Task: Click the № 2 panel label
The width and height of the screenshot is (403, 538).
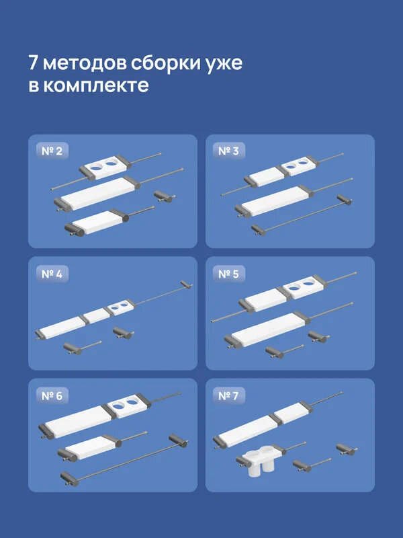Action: (x=51, y=152)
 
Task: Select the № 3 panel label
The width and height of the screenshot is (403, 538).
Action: (x=228, y=152)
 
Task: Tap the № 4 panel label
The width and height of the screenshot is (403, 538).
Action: (x=51, y=274)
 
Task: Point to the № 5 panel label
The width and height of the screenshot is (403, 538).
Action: (x=228, y=274)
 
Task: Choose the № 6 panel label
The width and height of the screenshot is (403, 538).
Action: (x=51, y=396)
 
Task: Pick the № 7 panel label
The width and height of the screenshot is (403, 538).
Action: (x=228, y=396)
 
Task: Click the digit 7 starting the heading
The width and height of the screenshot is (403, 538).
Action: (x=34, y=64)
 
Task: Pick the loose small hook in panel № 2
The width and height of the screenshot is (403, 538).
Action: (x=163, y=195)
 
